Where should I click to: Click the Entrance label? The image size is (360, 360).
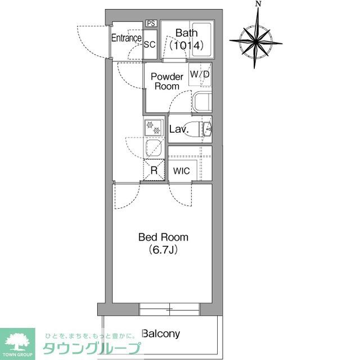coord(125,38)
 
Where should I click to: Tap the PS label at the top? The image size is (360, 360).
coord(150,23)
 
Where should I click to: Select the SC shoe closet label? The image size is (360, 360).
coord(150,45)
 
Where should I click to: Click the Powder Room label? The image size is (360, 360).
coord(167,81)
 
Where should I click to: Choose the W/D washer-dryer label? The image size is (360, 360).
coord(200,74)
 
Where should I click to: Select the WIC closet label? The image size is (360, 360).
coord(182,171)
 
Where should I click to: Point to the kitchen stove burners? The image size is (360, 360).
coord(153,128)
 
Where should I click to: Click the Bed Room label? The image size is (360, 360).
coord(164,237)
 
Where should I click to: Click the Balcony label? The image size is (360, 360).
coord(161,334)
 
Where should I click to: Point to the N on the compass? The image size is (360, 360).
coord(258,4)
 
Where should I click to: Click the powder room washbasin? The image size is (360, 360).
coord(201,103)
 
